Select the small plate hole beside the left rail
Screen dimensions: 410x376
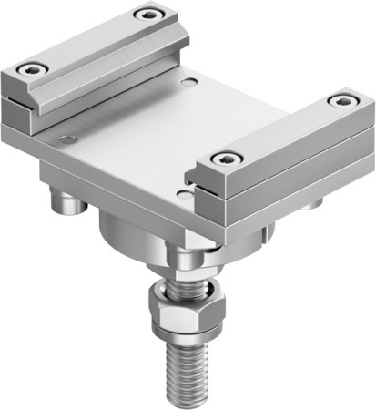(x=65, y=139)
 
